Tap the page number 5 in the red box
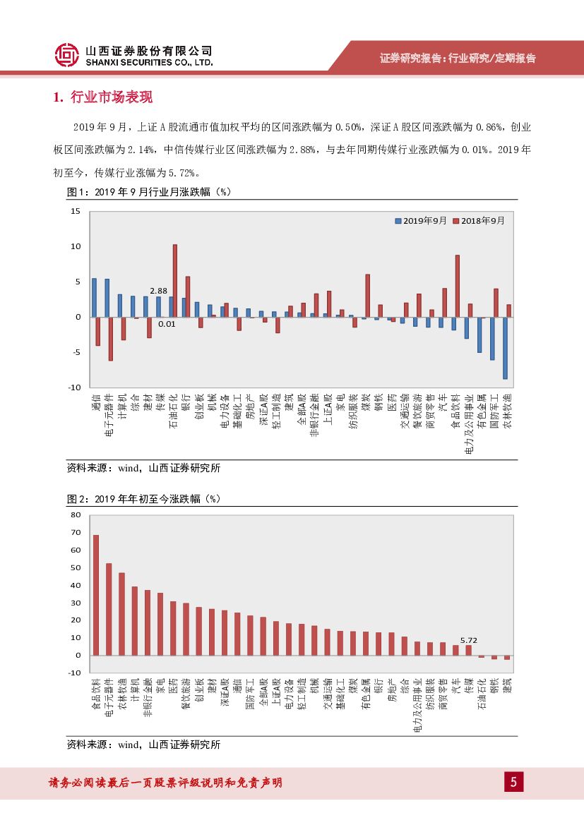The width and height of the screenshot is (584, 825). (513, 782)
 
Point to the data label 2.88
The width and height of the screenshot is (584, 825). (158, 291)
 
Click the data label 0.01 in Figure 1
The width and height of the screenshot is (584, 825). (167, 324)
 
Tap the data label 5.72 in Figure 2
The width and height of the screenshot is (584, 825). (469, 640)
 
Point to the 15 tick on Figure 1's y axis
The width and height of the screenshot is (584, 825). (76, 212)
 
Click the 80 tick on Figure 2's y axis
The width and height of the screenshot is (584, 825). (76, 514)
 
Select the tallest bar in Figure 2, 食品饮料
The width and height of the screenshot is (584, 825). (96, 595)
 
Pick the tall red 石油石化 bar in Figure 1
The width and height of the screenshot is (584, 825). (175, 281)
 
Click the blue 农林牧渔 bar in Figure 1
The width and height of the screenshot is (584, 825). (505, 348)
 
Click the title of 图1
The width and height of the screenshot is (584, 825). (149, 191)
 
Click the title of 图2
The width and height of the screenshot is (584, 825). (144, 498)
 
